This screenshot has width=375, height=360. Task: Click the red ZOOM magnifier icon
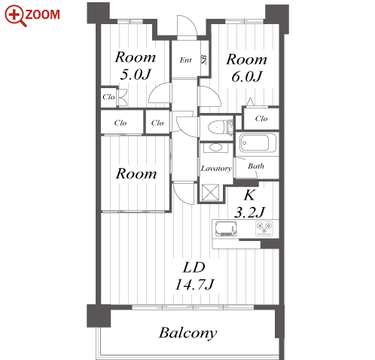point(16,16)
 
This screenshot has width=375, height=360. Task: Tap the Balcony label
point(187,333)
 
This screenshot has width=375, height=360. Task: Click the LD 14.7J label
point(194,276)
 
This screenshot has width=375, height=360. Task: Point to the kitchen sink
point(226,229)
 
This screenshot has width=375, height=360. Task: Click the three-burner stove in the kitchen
point(264,228)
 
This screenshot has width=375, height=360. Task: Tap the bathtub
point(258,143)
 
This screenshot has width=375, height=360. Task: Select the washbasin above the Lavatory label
point(215,147)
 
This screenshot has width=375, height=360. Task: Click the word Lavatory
point(216,168)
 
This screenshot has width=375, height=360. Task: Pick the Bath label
point(256,166)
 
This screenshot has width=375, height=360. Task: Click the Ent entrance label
point(185,60)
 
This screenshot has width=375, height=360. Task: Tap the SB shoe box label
point(204,60)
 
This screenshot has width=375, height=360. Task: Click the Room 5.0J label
point(136,66)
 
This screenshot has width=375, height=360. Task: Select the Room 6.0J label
point(246,68)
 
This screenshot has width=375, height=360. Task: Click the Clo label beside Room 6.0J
point(261,118)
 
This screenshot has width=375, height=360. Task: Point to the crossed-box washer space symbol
point(210,193)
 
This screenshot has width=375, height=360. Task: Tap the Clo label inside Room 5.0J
point(108,97)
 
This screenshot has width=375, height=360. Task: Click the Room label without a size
point(136,173)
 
